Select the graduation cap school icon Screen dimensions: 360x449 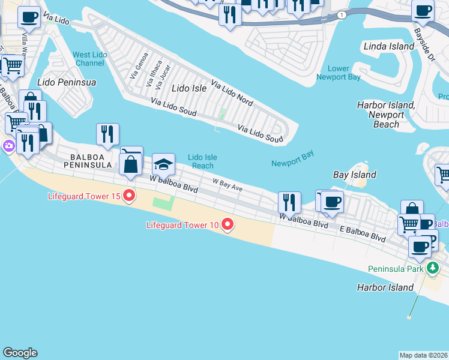tap(163, 166)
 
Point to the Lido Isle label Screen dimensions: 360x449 tap(189, 88)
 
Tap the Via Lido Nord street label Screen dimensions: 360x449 tap(231, 92)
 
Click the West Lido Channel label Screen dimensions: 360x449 tap(89, 59)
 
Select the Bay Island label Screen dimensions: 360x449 tap(355, 175)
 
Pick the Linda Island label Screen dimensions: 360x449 tap(389, 46)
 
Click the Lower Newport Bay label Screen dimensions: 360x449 tap(339, 73)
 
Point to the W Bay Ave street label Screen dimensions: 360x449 tap(227, 185)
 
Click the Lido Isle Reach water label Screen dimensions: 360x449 tap(202, 161)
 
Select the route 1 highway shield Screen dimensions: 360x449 tap(341, 15)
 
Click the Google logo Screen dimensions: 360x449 tap(20, 353)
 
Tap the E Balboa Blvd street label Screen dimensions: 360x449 tap(362, 233)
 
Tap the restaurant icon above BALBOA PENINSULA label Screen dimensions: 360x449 tap(107, 134)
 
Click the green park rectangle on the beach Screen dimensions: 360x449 tap(161, 203)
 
